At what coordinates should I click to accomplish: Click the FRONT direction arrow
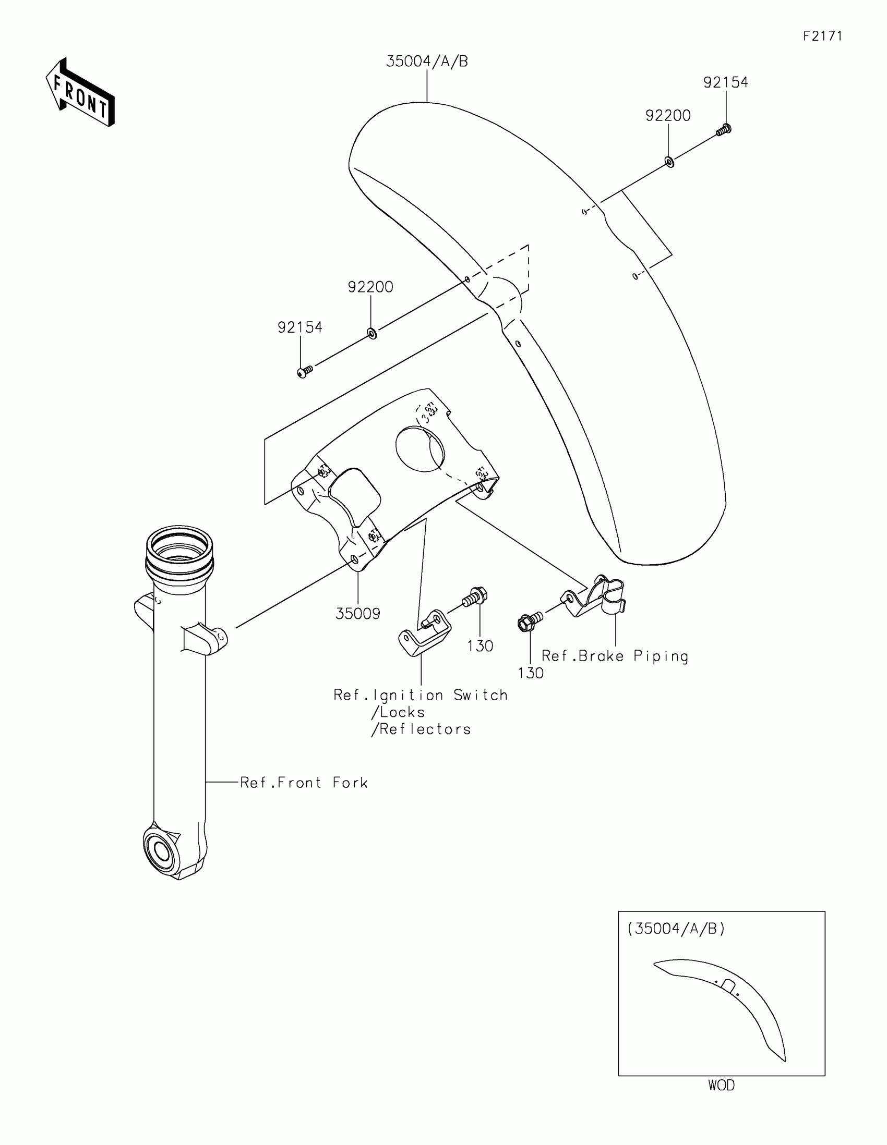click(80, 93)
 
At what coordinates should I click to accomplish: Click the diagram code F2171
click(822, 36)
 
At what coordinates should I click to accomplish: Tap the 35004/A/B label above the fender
click(426, 62)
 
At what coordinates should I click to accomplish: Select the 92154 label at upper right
click(725, 82)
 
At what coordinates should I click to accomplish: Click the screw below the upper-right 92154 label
click(724, 129)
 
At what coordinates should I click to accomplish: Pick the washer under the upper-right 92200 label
click(669, 162)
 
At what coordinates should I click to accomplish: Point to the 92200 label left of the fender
click(370, 287)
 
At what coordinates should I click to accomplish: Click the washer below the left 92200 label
click(372, 333)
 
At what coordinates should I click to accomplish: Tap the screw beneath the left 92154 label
click(304, 372)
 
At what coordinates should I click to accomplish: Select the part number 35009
click(358, 613)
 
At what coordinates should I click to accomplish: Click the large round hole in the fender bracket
click(419, 448)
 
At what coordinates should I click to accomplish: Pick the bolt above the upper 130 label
click(475, 596)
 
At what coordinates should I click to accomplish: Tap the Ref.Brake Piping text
click(615, 656)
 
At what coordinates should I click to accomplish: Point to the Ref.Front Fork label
click(304, 783)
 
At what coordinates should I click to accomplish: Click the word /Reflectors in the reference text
click(422, 729)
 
